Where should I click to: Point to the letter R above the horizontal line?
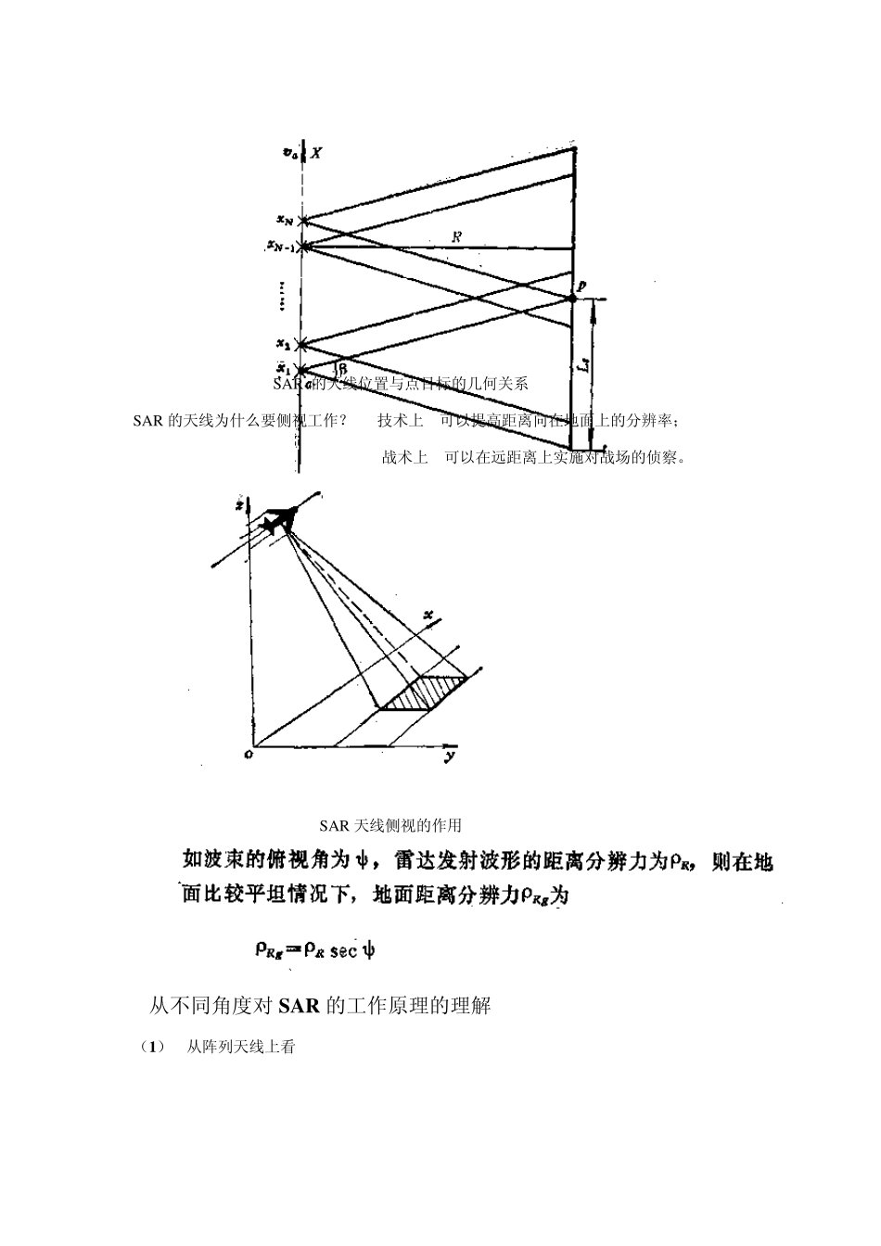[x=456, y=237]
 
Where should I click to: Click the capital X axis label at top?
[x=316, y=153]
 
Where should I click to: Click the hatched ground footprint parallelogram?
[x=422, y=693]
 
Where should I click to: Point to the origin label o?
[x=248, y=755]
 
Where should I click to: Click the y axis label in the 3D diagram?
[x=448, y=756]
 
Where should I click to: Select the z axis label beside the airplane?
[x=239, y=506]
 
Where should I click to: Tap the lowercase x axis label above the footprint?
[x=428, y=615]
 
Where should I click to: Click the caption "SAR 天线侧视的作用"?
[x=390, y=825]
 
